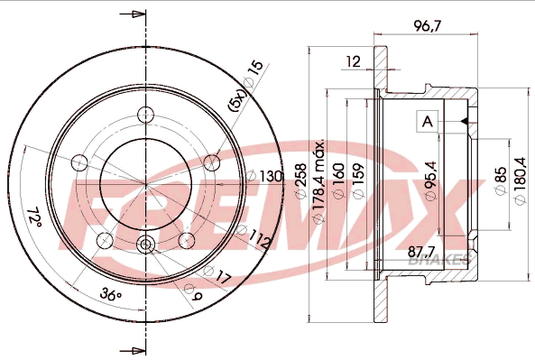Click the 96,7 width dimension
427,26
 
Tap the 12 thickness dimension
353,61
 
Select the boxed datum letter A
427,121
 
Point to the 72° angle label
34,217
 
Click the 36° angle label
111,294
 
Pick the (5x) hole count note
237,99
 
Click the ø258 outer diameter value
301,180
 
